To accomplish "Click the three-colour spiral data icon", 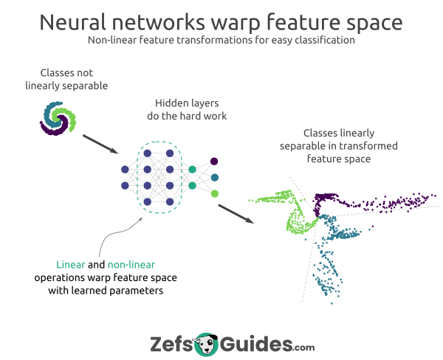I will pos(56,118).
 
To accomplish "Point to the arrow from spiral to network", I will pos(99,145).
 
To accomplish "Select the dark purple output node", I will pos(214,161).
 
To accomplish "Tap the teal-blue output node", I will pos(214,177).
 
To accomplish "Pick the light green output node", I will pos(214,193).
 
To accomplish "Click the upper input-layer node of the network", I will pos(125,169).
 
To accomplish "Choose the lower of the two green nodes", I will pos(192,186).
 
